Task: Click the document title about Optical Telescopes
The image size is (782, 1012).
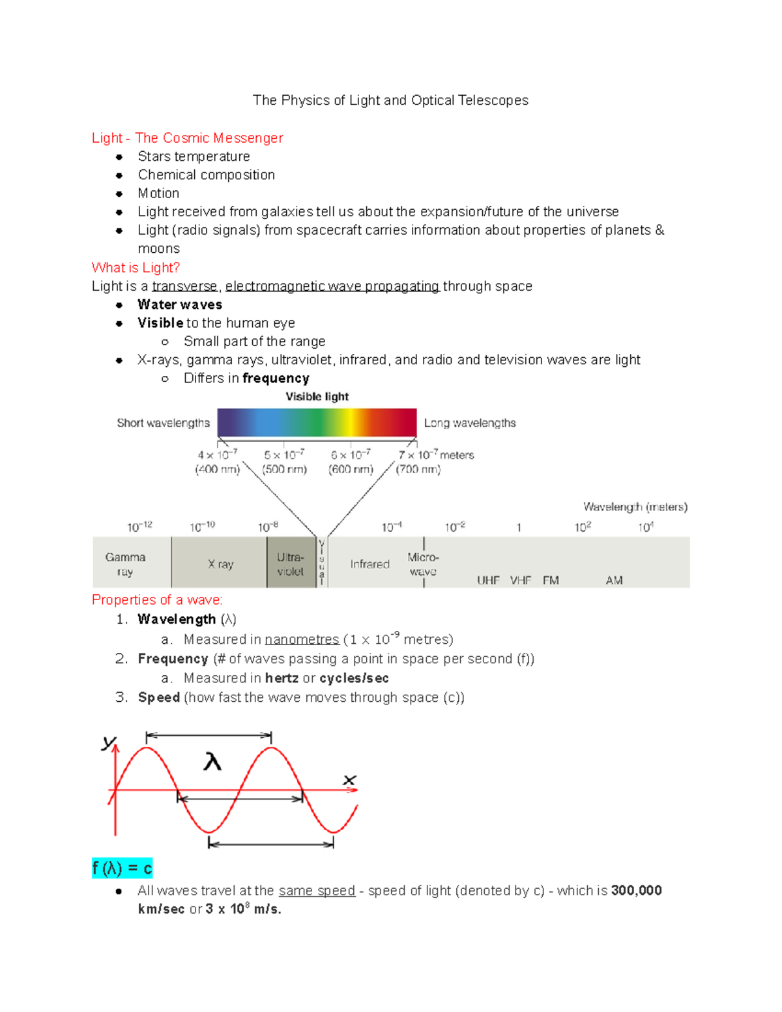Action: point(390,100)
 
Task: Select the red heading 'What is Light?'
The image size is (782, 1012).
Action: point(136,267)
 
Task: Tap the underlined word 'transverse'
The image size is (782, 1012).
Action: point(184,286)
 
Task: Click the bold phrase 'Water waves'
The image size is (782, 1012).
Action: point(180,304)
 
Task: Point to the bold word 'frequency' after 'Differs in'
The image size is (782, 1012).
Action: point(276,378)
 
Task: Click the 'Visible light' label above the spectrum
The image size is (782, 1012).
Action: point(317,396)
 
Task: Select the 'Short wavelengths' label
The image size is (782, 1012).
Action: point(163,423)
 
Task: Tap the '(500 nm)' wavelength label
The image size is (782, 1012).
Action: point(284,469)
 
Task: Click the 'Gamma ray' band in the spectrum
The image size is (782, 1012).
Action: point(125,564)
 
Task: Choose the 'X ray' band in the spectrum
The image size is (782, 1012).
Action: point(220,564)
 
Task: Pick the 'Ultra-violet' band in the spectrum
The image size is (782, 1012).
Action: point(290,564)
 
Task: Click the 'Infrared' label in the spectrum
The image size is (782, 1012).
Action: point(369,564)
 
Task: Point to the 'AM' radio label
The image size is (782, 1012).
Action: point(614,580)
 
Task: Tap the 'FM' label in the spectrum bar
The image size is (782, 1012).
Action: point(551,580)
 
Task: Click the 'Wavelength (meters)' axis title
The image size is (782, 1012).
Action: point(635,506)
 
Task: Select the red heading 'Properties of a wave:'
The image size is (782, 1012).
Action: point(157,600)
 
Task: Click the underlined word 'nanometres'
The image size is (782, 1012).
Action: point(302,639)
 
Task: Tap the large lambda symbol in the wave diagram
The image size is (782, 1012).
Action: point(212,761)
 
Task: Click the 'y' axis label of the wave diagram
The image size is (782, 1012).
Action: point(108,742)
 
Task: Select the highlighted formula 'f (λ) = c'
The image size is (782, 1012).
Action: point(122,868)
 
